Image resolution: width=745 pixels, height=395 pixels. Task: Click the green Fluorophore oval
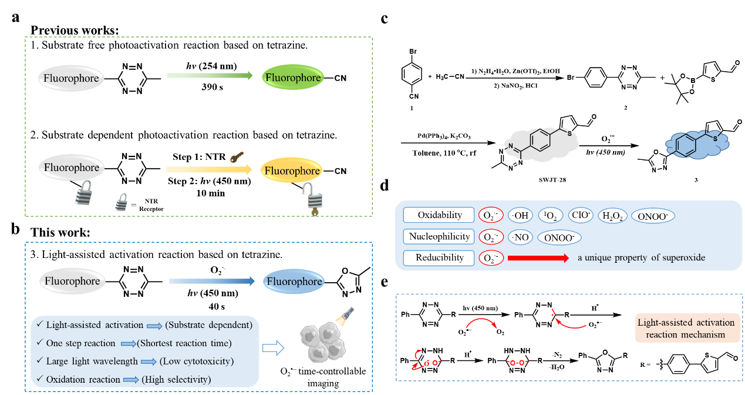[293, 78]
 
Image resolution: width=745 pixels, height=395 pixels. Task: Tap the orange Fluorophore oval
[292, 171]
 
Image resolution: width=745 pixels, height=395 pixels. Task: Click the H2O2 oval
[611, 216]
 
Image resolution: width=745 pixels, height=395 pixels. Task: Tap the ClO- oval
[581, 216]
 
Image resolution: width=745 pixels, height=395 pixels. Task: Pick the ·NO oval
[521, 237]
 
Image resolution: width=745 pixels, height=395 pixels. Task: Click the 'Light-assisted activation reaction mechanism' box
[685, 328]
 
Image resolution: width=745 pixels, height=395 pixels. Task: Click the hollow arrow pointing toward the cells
[270, 348]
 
